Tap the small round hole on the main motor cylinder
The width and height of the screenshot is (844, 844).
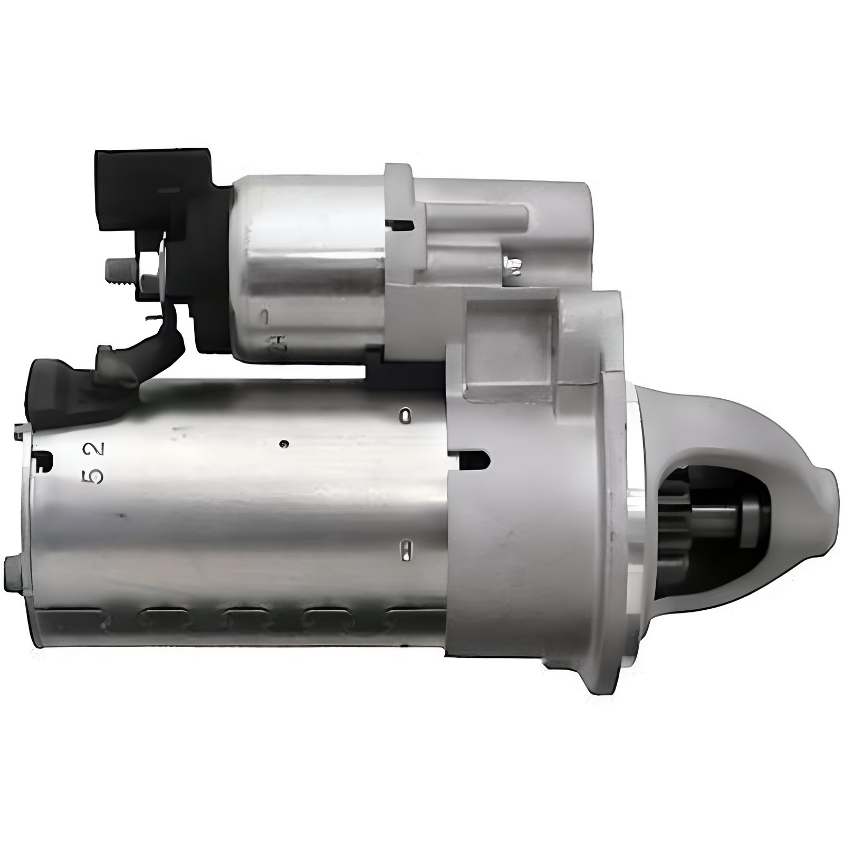(x=285, y=444)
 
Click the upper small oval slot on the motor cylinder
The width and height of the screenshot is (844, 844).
(x=405, y=416)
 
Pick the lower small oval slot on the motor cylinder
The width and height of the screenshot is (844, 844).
(x=405, y=551)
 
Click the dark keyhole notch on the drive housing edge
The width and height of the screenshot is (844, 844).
(x=475, y=459)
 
